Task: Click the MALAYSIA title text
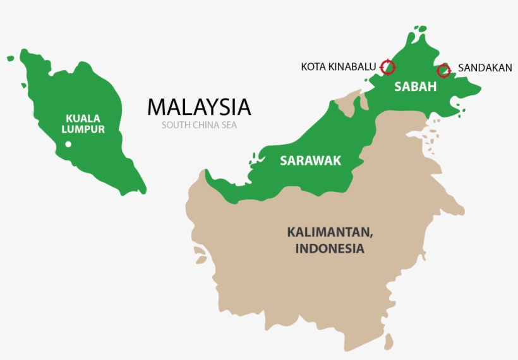(x=199, y=107)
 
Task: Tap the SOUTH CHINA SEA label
(x=199, y=125)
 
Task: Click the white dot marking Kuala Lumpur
(x=68, y=145)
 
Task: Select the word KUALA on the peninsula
(x=83, y=117)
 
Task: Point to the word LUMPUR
(x=83, y=129)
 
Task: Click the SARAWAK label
(x=310, y=161)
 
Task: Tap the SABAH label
(x=415, y=87)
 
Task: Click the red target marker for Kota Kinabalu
(x=388, y=66)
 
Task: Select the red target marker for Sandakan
(x=443, y=70)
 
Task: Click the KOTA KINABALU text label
(x=339, y=66)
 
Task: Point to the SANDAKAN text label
(x=485, y=68)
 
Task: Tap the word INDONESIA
(x=330, y=249)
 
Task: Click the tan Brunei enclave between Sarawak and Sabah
(x=347, y=103)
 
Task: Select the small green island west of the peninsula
(x=10, y=59)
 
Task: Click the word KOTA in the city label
(x=312, y=66)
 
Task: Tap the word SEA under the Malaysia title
(x=228, y=125)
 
